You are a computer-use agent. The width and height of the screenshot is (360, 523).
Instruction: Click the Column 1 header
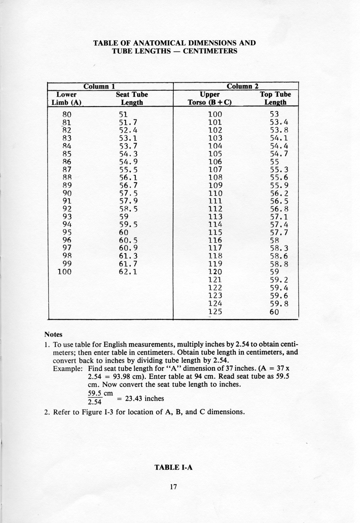pos(99,86)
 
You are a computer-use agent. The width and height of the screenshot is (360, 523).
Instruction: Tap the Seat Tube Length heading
pos(132,98)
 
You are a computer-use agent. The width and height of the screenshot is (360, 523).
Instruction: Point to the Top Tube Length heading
pos(275,98)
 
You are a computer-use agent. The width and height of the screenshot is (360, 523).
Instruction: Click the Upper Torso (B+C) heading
pos(210,98)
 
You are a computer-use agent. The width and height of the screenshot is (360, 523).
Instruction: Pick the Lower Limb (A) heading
pos(67,98)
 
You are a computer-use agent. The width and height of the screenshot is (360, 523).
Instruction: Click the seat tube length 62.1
pos(128,272)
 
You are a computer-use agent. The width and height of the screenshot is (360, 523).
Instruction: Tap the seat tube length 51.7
pos(128,122)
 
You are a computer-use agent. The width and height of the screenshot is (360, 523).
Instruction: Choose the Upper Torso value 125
pos(215,312)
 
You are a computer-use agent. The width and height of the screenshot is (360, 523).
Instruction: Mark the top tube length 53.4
pos(279,122)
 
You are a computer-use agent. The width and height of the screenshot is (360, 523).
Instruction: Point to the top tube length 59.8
pos(279,304)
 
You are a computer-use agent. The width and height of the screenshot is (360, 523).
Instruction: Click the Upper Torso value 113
pos(215,217)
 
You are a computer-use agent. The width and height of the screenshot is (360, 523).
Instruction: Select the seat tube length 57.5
pos(128,193)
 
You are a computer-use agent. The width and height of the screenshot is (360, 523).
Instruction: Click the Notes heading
pos(53,334)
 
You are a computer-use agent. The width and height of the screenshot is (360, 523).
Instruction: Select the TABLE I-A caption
pos(174,467)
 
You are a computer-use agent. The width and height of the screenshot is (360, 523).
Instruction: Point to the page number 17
pos(173,487)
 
